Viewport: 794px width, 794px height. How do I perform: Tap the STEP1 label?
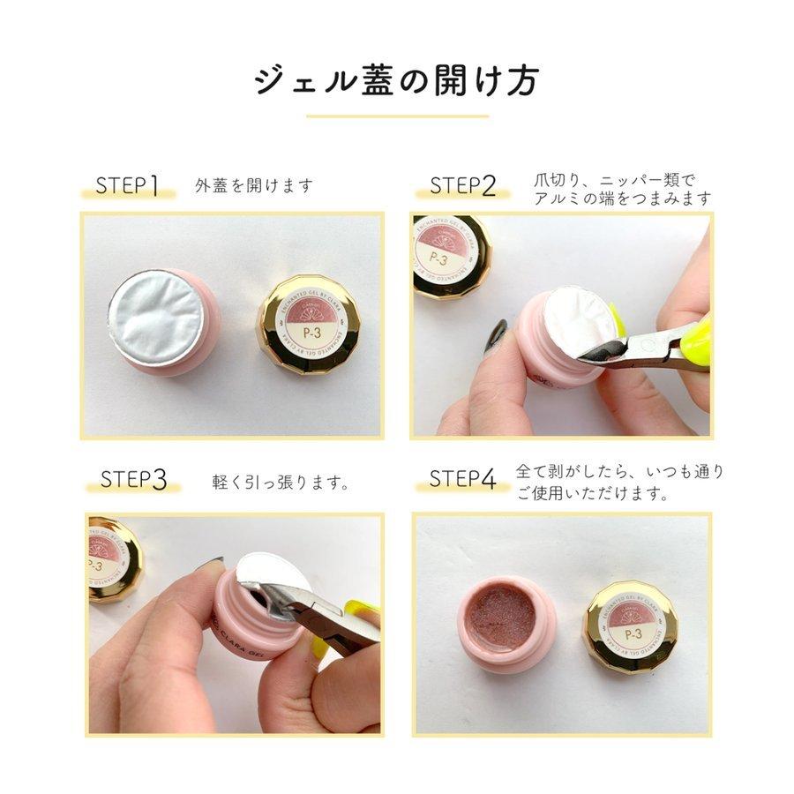click(x=128, y=186)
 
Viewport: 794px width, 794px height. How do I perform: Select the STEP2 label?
click(x=462, y=186)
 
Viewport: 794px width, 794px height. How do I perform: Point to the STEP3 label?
click(x=133, y=480)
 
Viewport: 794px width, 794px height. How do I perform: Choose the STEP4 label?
click(x=462, y=480)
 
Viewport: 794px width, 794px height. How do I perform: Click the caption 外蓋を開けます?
click(x=254, y=186)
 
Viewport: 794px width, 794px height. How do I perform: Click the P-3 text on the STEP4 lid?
click(x=632, y=633)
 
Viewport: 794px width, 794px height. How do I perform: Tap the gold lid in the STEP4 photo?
click(x=631, y=627)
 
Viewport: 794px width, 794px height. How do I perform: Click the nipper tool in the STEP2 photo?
click(x=653, y=347)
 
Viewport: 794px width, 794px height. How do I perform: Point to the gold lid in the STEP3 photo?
click(x=113, y=559)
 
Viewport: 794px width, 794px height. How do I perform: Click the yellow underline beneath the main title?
click(x=396, y=116)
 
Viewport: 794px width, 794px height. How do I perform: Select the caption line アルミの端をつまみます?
click(x=621, y=198)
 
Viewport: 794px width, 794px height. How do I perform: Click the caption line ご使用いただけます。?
click(x=593, y=495)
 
